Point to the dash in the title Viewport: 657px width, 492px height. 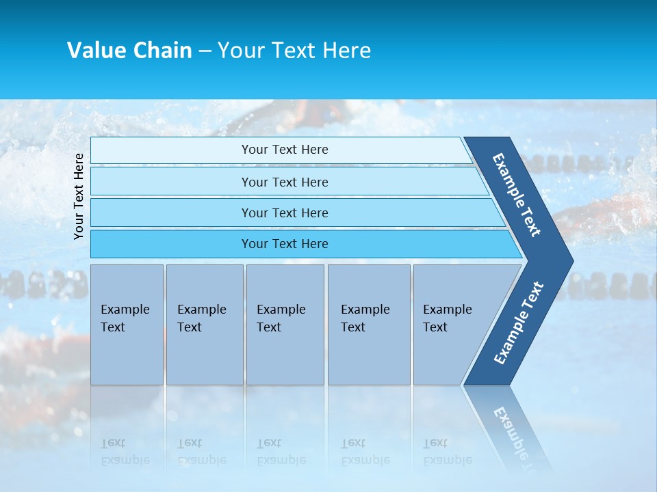pos(205,51)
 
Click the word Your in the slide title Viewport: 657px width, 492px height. pos(238,51)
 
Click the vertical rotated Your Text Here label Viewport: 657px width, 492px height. pos(79,196)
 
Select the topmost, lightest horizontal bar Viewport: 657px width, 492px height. pos(284,150)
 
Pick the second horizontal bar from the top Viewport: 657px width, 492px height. pos(284,182)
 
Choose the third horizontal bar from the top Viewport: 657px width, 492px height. pos(284,213)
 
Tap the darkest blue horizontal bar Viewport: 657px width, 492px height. pos(284,244)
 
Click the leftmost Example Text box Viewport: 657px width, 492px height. pos(127,324)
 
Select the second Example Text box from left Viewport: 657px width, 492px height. pos(204,324)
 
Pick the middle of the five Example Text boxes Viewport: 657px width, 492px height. pos(285,324)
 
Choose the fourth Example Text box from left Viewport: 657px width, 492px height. pos(369,324)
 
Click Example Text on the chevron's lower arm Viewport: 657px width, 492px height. pos(519,323)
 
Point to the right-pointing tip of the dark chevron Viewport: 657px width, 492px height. pos(569,260)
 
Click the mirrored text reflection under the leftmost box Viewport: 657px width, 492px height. pos(125,452)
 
